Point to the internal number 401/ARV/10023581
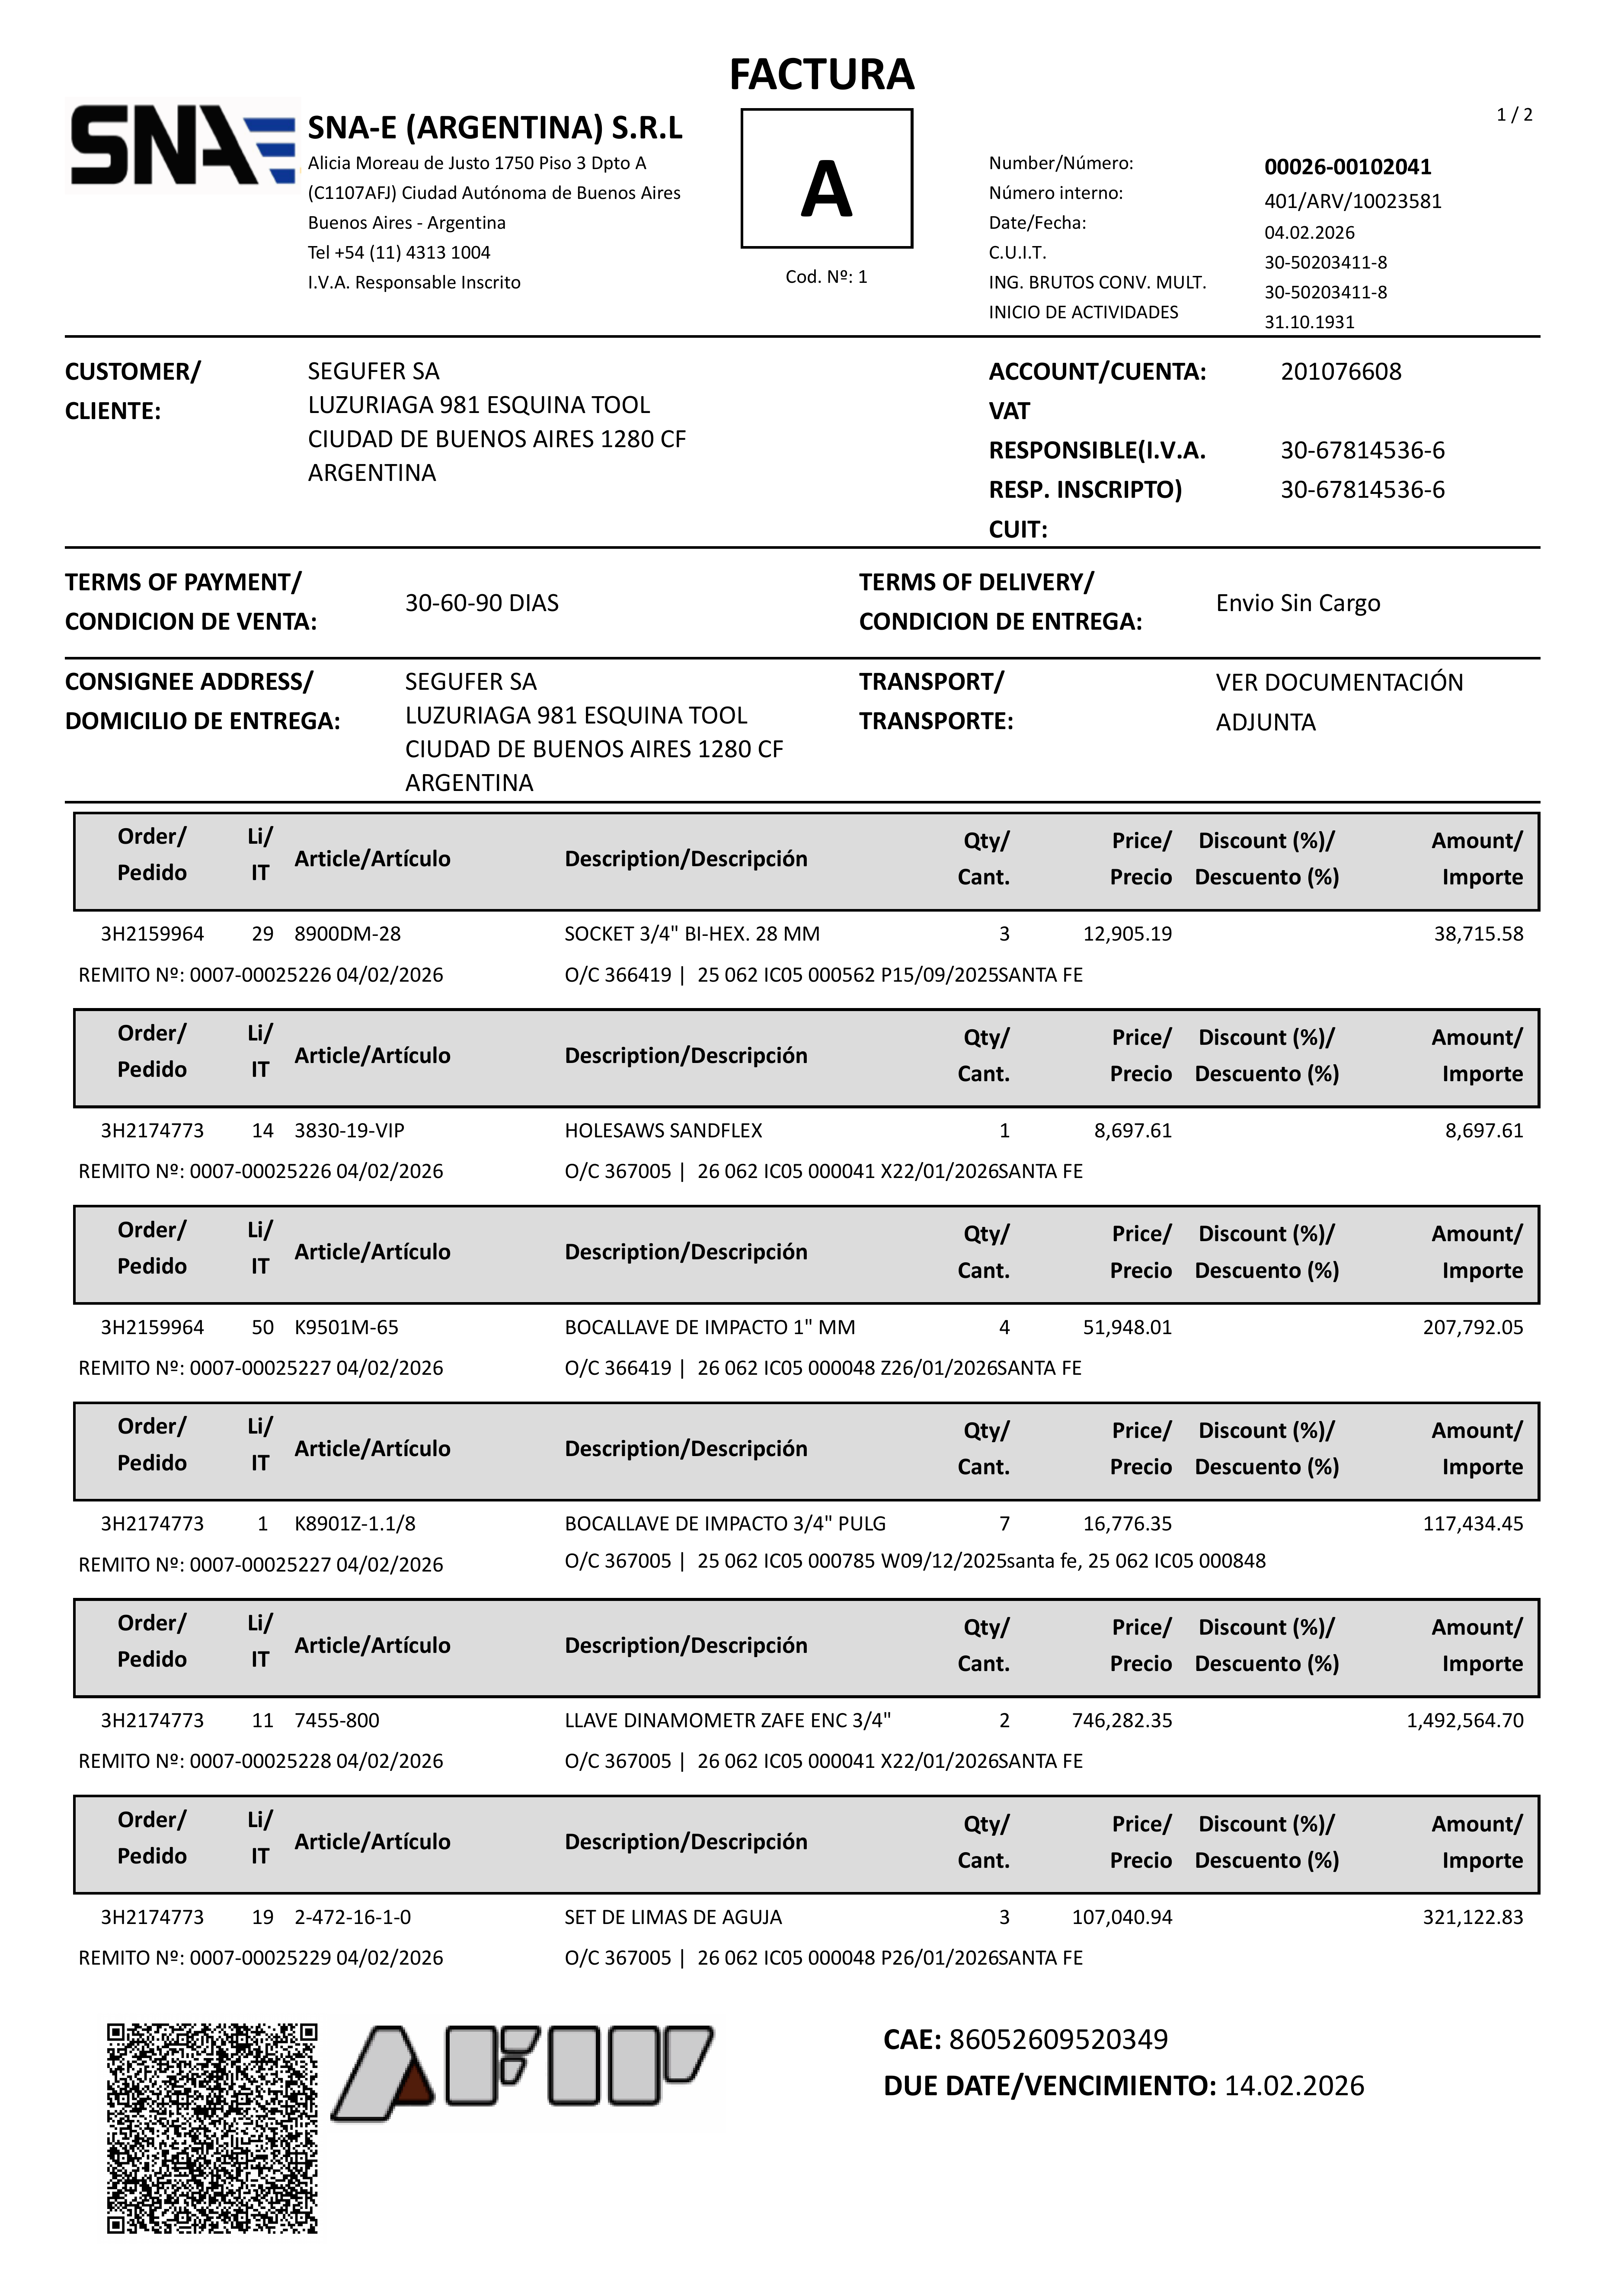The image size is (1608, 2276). [x=1352, y=201]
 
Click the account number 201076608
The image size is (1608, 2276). [x=1340, y=372]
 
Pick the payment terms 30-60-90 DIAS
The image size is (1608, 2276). [x=482, y=603]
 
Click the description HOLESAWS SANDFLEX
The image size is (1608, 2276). [x=663, y=1130]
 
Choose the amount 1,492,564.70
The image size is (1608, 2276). [x=1464, y=1720]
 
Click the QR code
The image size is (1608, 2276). [x=212, y=2128]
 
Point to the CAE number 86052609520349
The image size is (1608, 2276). [x=1058, y=2039]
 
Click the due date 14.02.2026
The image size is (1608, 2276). [x=1294, y=2086]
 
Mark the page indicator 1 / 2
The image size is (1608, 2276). [x=1514, y=115]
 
